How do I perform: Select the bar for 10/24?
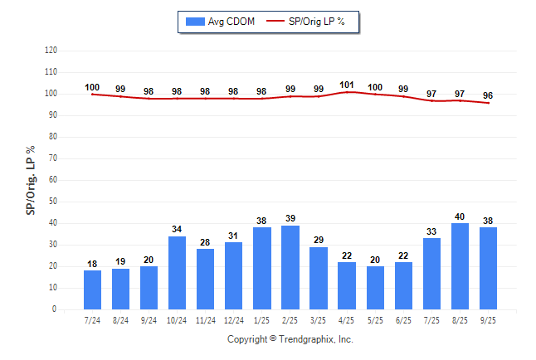tap(178, 273)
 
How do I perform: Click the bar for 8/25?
tap(460, 266)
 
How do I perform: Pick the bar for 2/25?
tap(290, 267)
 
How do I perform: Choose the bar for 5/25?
tap(375, 288)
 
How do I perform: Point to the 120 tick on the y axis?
tap(51, 51)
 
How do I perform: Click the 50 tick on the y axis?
tap(52, 202)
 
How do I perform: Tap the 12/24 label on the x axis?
tap(234, 319)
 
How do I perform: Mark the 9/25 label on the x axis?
tap(489, 319)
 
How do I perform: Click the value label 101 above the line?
tap(348, 85)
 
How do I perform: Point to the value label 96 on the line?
tap(489, 95)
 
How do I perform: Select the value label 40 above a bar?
tap(460, 216)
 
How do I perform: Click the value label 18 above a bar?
tap(92, 264)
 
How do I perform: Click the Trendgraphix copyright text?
tap(290, 339)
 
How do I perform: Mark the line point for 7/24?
tap(92, 94)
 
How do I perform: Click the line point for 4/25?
tap(348, 92)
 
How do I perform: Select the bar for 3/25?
tap(319, 278)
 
